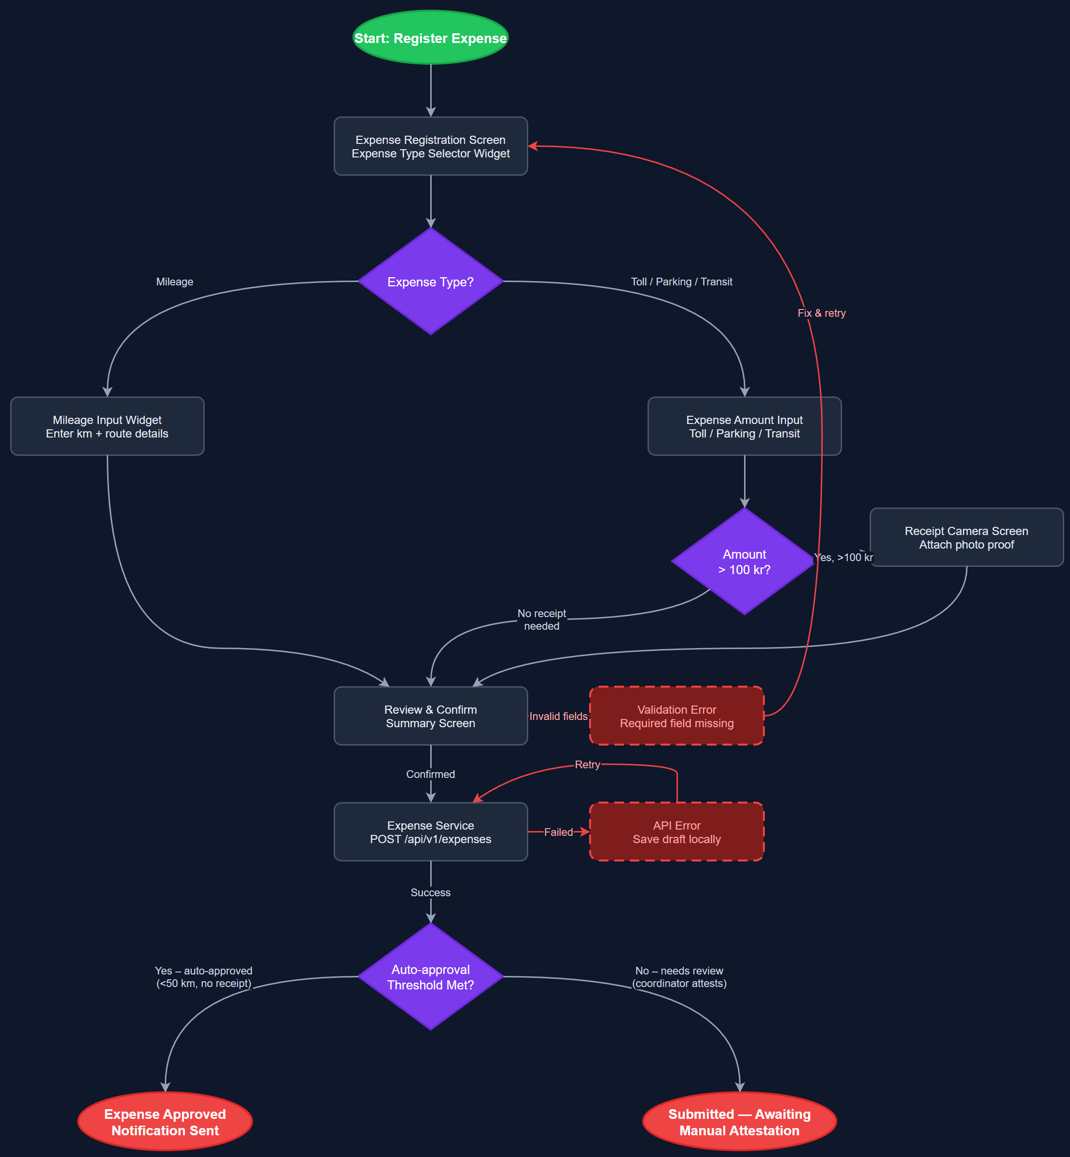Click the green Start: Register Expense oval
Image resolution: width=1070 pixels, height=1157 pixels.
click(430, 38)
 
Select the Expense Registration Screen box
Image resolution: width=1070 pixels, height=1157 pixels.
click(430, 146)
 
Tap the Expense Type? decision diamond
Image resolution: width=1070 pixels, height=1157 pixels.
click(430, 282)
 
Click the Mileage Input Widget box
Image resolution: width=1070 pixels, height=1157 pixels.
click(107, 426)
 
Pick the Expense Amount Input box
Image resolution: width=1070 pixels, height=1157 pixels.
click(744, 426)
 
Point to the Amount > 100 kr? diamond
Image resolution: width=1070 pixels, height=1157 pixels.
click(744, 561)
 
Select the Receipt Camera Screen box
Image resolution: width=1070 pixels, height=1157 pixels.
click(966, 537)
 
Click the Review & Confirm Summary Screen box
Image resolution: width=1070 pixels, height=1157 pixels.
click(430, 716)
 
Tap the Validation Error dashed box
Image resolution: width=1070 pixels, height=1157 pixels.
click(676, 716)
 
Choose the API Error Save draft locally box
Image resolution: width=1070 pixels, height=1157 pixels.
click(676, 832)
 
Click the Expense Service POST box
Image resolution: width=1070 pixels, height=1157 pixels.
click(430, 832)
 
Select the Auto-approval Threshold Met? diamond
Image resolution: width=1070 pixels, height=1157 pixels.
click(430, 976)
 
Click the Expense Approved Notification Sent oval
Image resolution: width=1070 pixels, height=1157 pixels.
click(165, 1122)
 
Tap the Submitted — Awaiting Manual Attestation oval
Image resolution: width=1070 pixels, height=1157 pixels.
click(739, 1122)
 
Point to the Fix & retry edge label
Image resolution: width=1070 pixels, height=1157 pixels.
click(821, 313)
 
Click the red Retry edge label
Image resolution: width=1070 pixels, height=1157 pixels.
click(587, 764)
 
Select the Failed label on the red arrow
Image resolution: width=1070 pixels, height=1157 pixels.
click(558, 832)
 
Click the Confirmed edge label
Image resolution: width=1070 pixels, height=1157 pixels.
click(430, 774)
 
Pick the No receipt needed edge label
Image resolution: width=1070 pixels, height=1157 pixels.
click(541, 619)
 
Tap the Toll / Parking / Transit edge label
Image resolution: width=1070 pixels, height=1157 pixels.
click(681, 282)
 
